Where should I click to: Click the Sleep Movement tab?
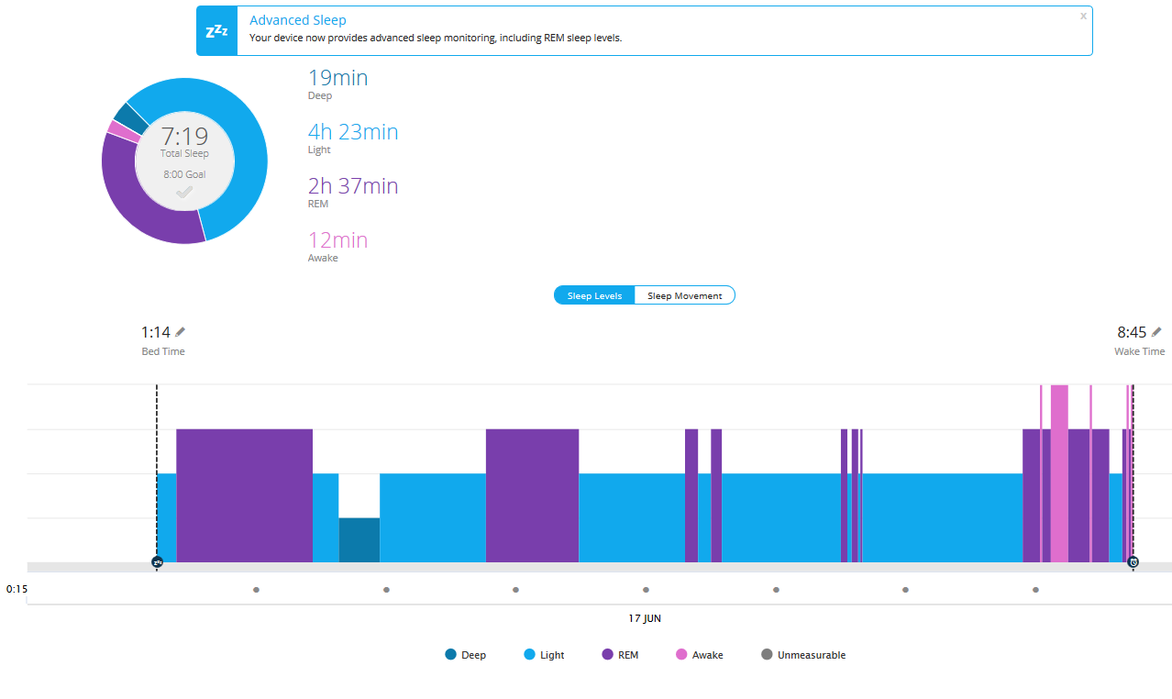[684, 295]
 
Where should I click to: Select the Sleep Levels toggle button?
[594, 295]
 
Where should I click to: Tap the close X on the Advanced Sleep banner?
[1083, 16]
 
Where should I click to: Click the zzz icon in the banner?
[216, 31]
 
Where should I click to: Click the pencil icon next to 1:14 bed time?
[180, 332]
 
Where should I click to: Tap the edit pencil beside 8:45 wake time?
[1156, 332]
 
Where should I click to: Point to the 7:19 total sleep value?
[184, 138]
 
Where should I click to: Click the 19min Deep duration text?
[337, 78]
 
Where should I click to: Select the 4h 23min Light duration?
[353, 132]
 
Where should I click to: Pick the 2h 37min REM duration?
[353, 186]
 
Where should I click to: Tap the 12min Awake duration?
[337, 240]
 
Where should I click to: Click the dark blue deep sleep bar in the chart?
[359, 539]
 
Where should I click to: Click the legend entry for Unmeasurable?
[803, 655]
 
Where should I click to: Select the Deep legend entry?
[465, 655]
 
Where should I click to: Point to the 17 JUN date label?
[645, 618]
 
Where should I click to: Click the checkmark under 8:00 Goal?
[184, 192]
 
